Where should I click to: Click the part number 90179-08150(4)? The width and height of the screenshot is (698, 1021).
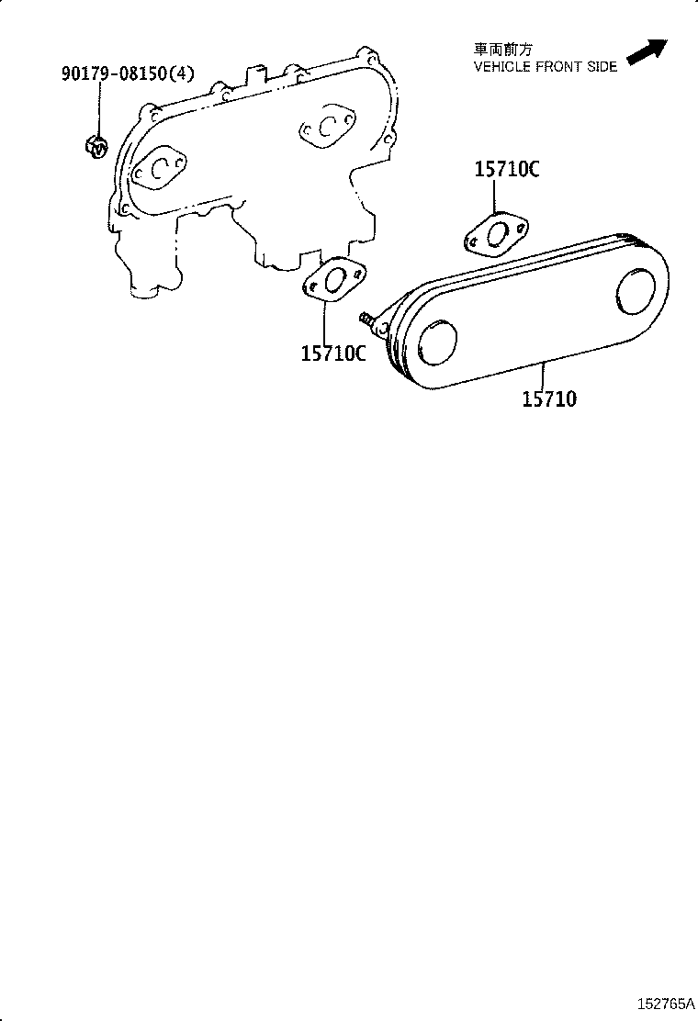(128, 73)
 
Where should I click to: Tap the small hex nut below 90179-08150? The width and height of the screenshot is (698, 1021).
(96, 144)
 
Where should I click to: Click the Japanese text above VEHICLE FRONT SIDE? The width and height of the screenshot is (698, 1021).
(502, 50)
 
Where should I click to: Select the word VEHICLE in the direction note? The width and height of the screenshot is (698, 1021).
(502, 67)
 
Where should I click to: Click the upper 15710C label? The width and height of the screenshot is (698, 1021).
(506, 169)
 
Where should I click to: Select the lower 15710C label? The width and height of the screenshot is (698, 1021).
(332, 352)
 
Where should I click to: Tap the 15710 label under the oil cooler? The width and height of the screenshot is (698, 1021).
(549, 398)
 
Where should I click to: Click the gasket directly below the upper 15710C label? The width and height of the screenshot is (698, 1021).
(497, 233)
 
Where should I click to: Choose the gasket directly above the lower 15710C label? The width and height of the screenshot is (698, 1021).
(333, 278)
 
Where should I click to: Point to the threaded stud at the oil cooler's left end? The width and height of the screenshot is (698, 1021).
(370, 319)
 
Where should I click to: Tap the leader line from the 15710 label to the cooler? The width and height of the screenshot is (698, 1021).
(545, 376)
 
